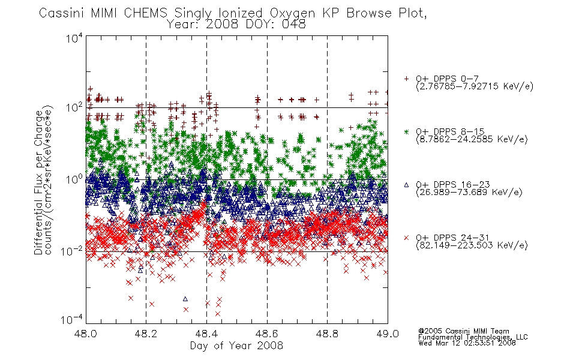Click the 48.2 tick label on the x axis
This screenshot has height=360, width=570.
146,334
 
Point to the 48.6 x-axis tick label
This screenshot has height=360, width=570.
267,334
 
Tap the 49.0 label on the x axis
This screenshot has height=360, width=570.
388,334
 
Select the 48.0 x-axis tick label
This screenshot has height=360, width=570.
85,334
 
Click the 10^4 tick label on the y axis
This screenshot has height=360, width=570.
74,38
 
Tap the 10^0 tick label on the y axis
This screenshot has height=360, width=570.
74,179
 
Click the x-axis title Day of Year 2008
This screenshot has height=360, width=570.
236,346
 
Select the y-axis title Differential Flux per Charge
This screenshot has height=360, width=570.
38,182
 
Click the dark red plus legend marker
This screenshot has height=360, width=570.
406,79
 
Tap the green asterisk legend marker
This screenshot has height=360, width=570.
406,131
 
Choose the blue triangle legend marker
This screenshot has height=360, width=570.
406,185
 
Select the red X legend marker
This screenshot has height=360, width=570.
406,238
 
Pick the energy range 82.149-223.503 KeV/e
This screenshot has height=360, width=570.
472,245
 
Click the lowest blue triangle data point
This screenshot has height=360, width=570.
185,299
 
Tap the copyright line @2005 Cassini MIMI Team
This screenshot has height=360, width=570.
464,331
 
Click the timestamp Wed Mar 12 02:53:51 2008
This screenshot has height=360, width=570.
467,343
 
